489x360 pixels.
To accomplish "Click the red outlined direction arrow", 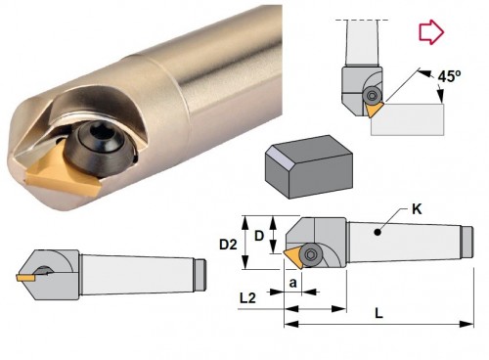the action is pyautogui.click(x=431, y=32).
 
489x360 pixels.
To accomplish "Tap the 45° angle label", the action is pyautogui.click(x=449, y=76).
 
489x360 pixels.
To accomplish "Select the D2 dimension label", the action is pyautogui.click(x=228, y=245).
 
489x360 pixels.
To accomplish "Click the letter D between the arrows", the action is pyautogui.click(x=259, y=236).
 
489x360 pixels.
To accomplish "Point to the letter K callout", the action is pyautogui.click(x=417, y=209).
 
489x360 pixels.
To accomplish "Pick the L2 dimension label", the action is pyautogui.click(x=247, y=297).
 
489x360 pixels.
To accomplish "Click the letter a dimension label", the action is pyautogui.click(x=293, y=283).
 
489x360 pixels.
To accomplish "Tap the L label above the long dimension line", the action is pyautogui.click(x=378, y=313).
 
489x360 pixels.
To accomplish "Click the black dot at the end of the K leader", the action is pyautogui.click(x=378, y=232).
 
